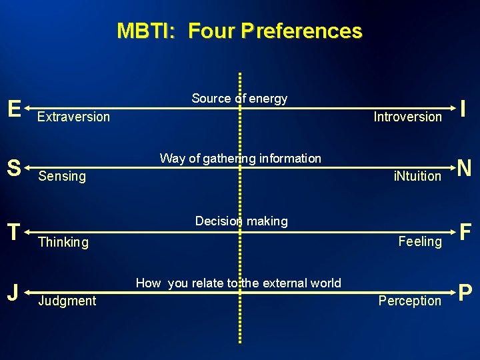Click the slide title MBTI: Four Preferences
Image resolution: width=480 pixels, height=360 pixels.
point(239,31)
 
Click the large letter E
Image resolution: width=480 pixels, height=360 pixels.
point(14,108)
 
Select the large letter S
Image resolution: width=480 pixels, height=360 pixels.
point(14,168)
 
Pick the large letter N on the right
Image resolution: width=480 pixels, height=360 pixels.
point(465,168)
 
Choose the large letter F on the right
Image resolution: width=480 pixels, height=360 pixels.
point(465,232)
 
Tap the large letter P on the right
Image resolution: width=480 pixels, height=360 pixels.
point(465,292)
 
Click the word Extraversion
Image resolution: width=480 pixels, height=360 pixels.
point(73,117)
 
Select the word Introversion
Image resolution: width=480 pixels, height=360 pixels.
point(407,117)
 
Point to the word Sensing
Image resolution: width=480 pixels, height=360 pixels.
point(62,176)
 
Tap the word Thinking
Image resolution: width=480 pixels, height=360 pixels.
point(63,242)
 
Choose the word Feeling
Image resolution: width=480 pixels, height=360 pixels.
point(420,241)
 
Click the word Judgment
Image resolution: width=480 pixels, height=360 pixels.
point(67,301)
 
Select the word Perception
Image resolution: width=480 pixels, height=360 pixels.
point(409,301)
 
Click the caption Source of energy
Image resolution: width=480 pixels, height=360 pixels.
point(239,99)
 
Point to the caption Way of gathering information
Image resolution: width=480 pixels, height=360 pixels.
point(240,159)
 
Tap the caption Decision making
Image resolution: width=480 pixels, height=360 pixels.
point(241,221)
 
